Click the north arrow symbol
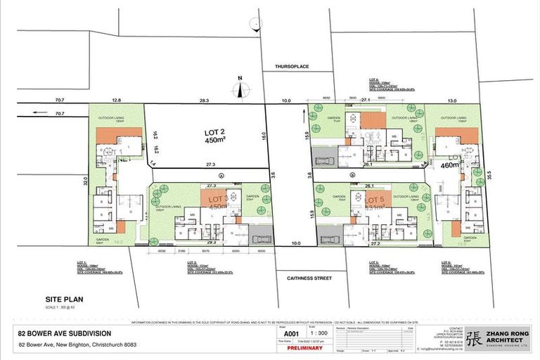pos(240,89)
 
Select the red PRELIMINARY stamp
pos(304,347)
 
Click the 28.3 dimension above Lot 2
pos(204,101)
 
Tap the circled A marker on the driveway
pos(220,174)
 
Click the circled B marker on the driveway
pos(352,174)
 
